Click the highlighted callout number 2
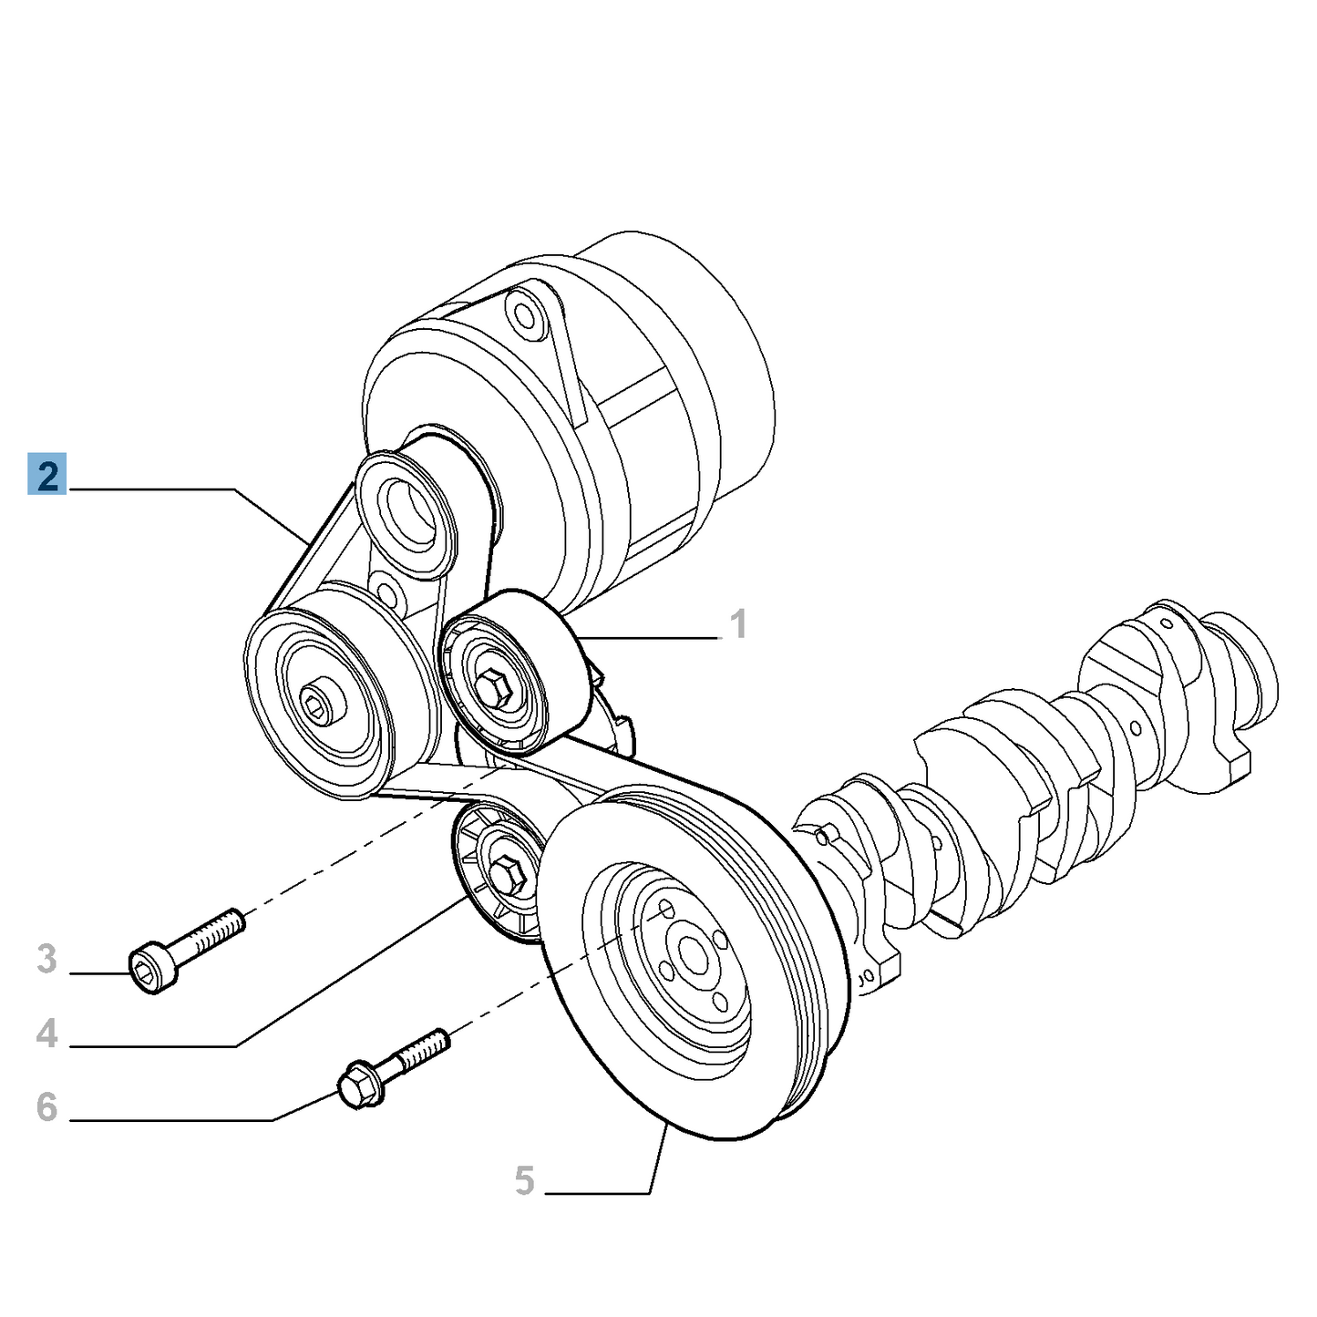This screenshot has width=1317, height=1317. pyautogui.click(x=46, y=476)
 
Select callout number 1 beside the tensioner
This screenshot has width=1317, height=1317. pyautogui.click(x=738, y=625)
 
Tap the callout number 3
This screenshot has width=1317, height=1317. pyautogui.click(x=46, y=960)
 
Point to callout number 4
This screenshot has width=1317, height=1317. pyautogui.click(x=46, y=1034)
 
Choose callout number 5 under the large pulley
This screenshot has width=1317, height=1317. pyautogui.click(x=524, y=1180)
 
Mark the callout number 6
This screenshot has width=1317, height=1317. pyautogui.click(x=46, y=1107)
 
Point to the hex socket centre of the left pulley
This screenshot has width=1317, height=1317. pyautogui.click(x=318, y=705)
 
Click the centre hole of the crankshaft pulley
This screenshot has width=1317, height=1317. pyautogui.click(x=693, y=955)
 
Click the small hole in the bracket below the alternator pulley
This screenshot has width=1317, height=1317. pyautogui.click(x=387, y=595)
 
